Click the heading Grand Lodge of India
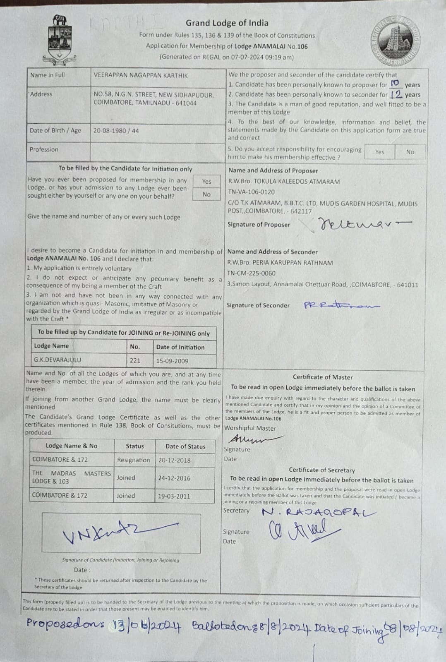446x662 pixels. tap(227, 23)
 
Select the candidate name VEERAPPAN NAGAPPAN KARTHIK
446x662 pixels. tap(141, 75)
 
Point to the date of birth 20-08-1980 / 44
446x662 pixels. tap(116, 131)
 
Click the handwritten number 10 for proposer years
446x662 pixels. tap(396, 84)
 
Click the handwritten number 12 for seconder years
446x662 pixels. tap(396, 94)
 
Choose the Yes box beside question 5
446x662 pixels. tap(379, 152)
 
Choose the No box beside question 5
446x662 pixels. tap(410, 152)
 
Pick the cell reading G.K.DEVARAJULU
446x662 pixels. tap(58, 360)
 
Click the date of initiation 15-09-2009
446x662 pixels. tap(172, 361)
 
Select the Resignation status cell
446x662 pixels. tap(134, 460)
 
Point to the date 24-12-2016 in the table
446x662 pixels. tap(174, 478)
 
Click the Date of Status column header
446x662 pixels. tap(185, 446)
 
